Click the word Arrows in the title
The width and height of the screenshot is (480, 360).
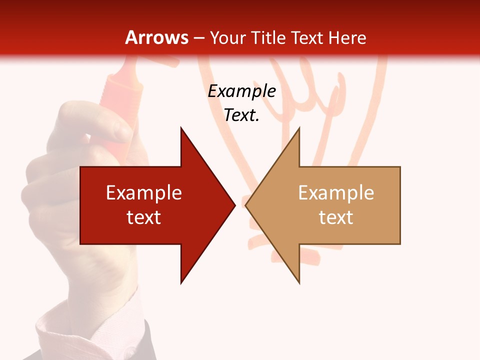[157, 37]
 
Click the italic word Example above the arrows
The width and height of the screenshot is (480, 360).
[241, 91]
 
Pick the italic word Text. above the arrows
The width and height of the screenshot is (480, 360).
[241, 115]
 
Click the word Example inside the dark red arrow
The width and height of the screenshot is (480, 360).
[144, 193]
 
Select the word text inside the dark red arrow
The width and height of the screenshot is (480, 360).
[144, 217]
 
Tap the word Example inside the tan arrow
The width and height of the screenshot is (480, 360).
[336, 193]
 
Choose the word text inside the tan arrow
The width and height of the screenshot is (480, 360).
[336, 217]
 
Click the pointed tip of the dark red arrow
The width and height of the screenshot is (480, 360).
[235, 205]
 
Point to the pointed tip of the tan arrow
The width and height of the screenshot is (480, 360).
[245, 205]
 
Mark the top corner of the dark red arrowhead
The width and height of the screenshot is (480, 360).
[181, 128]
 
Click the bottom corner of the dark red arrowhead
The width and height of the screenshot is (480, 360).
[181, 283]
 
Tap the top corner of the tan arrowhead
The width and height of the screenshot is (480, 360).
[299, 128]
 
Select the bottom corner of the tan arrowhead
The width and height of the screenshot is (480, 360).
[299, 283]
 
